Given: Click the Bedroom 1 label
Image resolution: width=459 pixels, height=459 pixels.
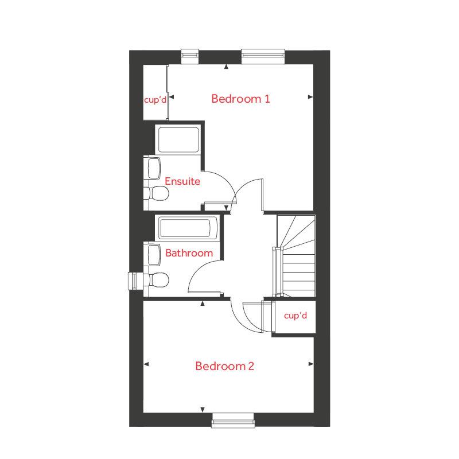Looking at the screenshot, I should point(240,99).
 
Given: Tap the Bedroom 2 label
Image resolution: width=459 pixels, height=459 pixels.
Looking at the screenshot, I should point(224,366).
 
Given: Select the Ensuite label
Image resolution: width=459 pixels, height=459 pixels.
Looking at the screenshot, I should point(182,181).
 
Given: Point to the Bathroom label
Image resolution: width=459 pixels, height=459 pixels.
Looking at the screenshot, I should point(189,252).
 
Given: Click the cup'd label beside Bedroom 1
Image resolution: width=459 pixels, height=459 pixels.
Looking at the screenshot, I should point(155,99).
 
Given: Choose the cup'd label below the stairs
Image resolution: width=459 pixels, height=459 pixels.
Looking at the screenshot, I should point(295,316).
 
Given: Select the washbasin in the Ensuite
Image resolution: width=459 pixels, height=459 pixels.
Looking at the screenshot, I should point(154,169).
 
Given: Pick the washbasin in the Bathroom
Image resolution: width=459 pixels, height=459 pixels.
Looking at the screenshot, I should point(154,254).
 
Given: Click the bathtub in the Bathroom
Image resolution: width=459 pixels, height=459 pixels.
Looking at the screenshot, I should point(188,228).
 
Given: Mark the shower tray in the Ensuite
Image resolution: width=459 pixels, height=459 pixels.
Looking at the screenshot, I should point(178,139).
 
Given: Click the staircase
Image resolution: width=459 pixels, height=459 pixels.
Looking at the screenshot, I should point(296,255).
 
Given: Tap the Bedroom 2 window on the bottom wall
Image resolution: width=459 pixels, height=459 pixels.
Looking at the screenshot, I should point(233,421).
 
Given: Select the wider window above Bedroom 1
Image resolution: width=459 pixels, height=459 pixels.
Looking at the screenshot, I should point(263,55).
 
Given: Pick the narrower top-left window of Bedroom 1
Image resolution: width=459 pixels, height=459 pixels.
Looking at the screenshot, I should point(189,55).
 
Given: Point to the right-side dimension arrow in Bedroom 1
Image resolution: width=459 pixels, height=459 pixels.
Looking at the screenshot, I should point(310,97).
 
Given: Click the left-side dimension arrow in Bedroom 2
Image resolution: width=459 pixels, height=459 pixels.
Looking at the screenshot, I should point(146,364).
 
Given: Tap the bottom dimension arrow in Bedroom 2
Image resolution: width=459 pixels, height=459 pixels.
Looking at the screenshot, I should point(203,409).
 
